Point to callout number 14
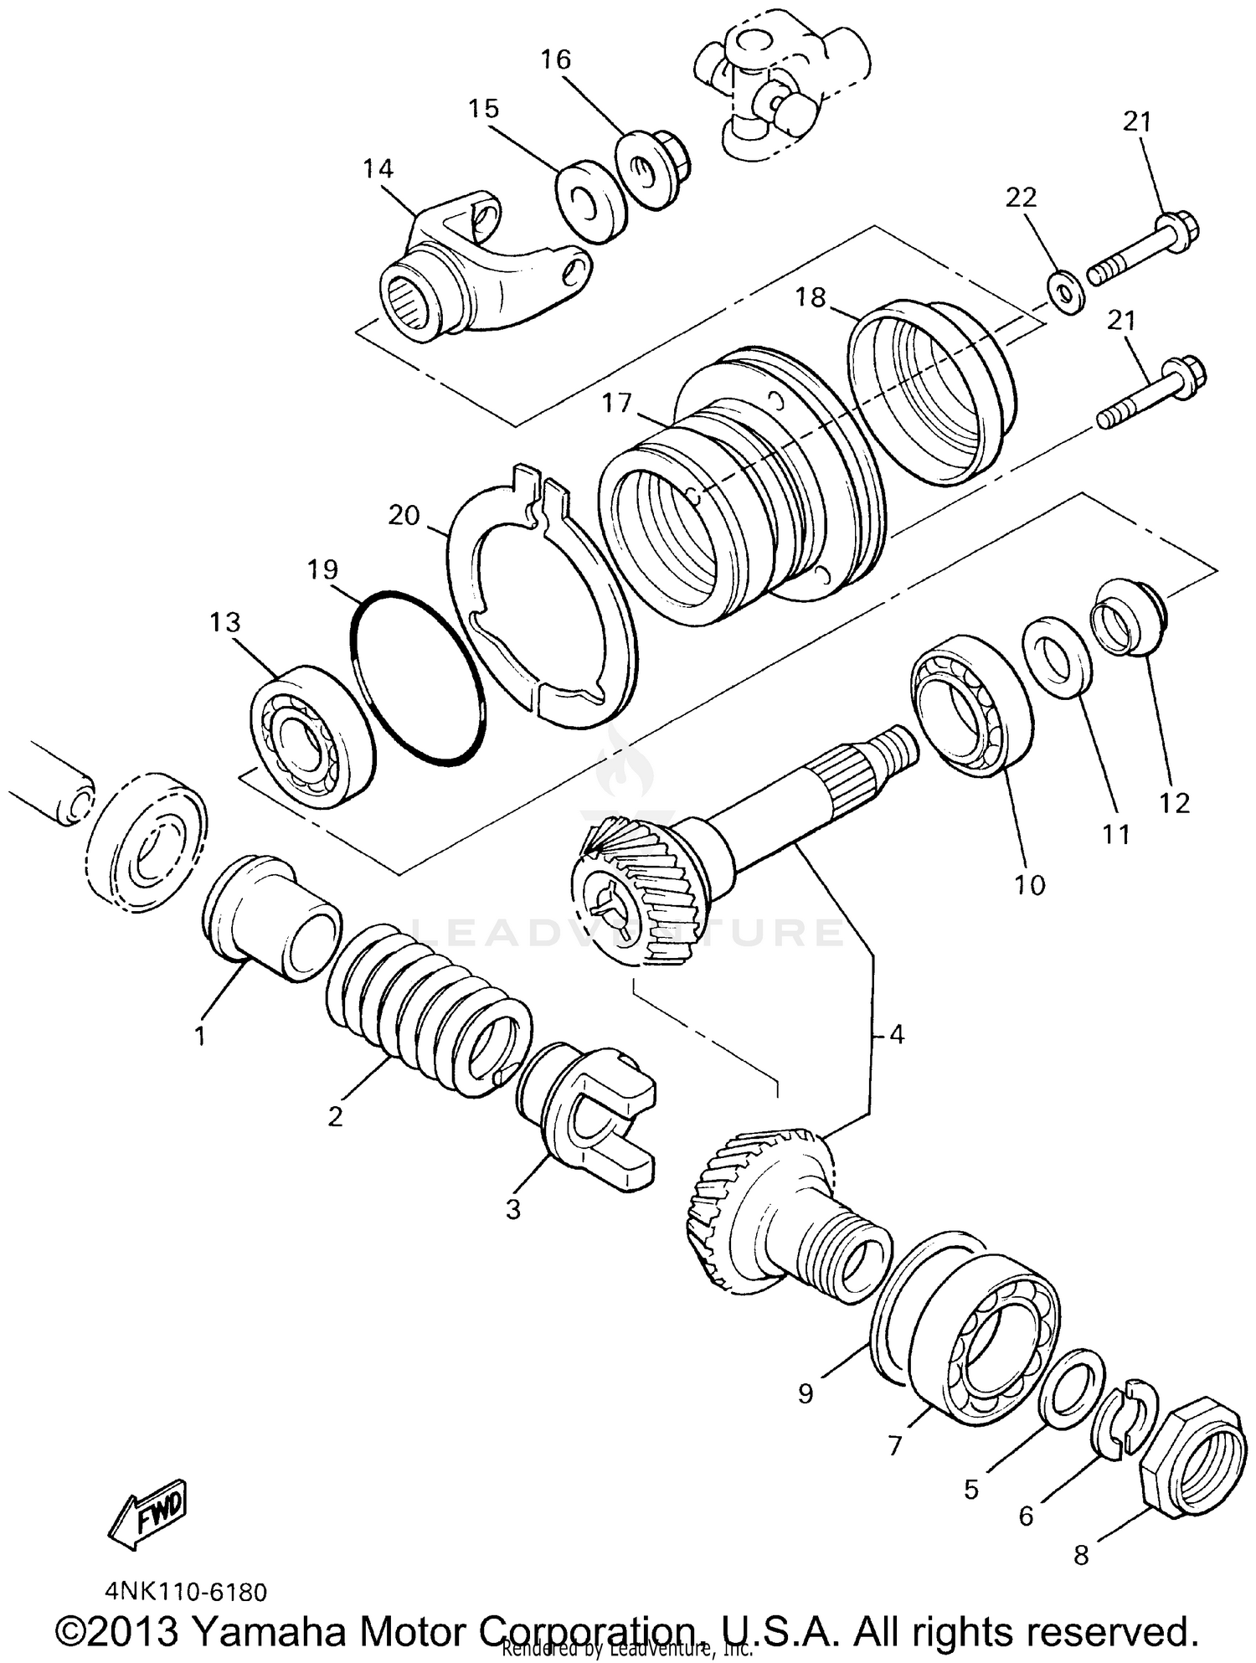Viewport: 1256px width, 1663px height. coord(378,168)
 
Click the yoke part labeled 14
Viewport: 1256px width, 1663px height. coord(477,268)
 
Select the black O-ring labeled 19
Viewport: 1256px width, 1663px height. coord(417,678)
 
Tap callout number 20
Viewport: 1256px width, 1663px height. coord(404,515)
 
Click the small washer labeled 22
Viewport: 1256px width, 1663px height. coord(1066,294)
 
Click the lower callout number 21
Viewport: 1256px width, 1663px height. coord(1122,319)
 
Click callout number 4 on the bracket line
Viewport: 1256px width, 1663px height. coord(897,1035)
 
